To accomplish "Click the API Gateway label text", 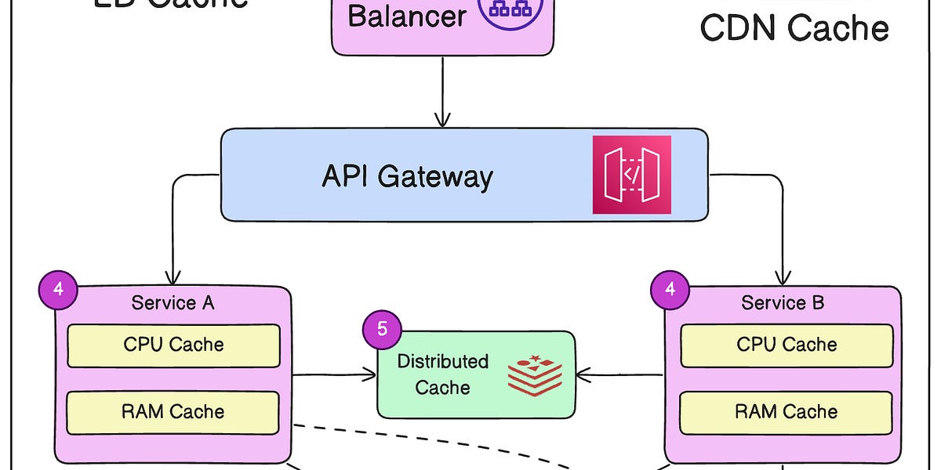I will tap(407, 176).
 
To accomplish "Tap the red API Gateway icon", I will tap(632, 175).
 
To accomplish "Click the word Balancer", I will tap(407, 16).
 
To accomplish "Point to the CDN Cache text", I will tap(794, 28).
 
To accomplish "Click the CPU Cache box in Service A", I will tap(173, 345).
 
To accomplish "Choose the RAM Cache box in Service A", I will tap(173, 412).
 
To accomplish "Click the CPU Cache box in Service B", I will tap(787, 345).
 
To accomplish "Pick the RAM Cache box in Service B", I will tap(787, 412).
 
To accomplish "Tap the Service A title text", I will tap(173, 303).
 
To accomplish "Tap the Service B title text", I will tap(783, 303).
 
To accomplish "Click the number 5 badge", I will tap(382, 329).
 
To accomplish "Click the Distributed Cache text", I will tap(442, 374).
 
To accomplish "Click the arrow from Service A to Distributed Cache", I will tap(333, 375).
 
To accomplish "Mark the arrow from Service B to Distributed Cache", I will tap(621, 375).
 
